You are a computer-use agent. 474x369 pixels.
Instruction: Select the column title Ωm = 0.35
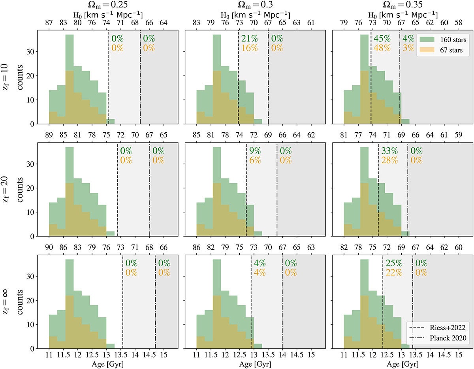[x=402, y=6]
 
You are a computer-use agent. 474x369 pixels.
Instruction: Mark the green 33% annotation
[x=389, y=151]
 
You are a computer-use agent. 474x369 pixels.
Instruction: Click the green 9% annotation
[x=255, y=151]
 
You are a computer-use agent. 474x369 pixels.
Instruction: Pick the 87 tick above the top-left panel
[x=49, y=23]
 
